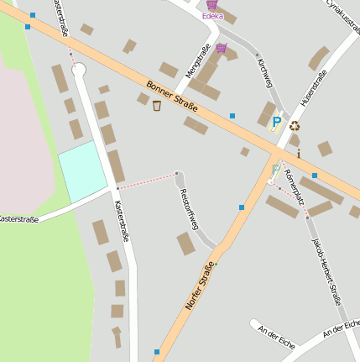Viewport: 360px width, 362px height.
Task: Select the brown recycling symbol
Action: click(295, 126)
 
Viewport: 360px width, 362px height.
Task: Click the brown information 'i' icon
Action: click(298, 154)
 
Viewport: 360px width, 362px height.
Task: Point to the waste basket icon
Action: click(157, 105)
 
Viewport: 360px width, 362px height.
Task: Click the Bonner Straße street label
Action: click(172, 97)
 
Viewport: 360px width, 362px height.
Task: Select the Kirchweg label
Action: click(265, 73)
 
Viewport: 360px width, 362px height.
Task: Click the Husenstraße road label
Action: click(319, 90)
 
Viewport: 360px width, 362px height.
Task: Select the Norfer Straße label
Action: click(200, 286)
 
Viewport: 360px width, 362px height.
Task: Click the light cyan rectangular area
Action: click(82, 171)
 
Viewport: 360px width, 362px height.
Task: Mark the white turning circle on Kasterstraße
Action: click(79, 71)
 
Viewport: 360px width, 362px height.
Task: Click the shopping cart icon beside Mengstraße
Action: click(221, 48)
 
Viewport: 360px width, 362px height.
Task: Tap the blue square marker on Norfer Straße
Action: click(242, 207)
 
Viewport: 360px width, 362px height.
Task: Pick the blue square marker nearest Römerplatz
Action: click(315, 175)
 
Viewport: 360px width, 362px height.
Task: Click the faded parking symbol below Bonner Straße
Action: click(275, 169)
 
